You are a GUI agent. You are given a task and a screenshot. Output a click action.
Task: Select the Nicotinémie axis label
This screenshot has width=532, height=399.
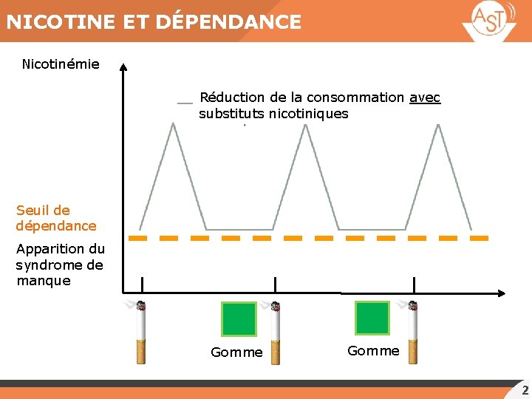point(61,64)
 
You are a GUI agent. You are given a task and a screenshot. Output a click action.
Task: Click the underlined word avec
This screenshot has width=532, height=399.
point(425,98)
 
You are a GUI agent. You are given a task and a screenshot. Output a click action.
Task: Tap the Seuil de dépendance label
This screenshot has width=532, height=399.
point(56,218)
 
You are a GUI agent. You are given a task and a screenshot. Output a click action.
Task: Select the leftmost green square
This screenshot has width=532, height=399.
point(239,318)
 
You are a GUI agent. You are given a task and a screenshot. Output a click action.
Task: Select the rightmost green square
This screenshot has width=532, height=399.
point(372,318)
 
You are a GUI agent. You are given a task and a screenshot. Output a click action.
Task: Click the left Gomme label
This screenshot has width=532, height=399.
point(236,352)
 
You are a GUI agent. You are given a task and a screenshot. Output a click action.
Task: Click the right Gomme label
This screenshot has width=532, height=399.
point(373,351)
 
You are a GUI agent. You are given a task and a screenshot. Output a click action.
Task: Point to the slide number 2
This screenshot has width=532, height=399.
point(525,391)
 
